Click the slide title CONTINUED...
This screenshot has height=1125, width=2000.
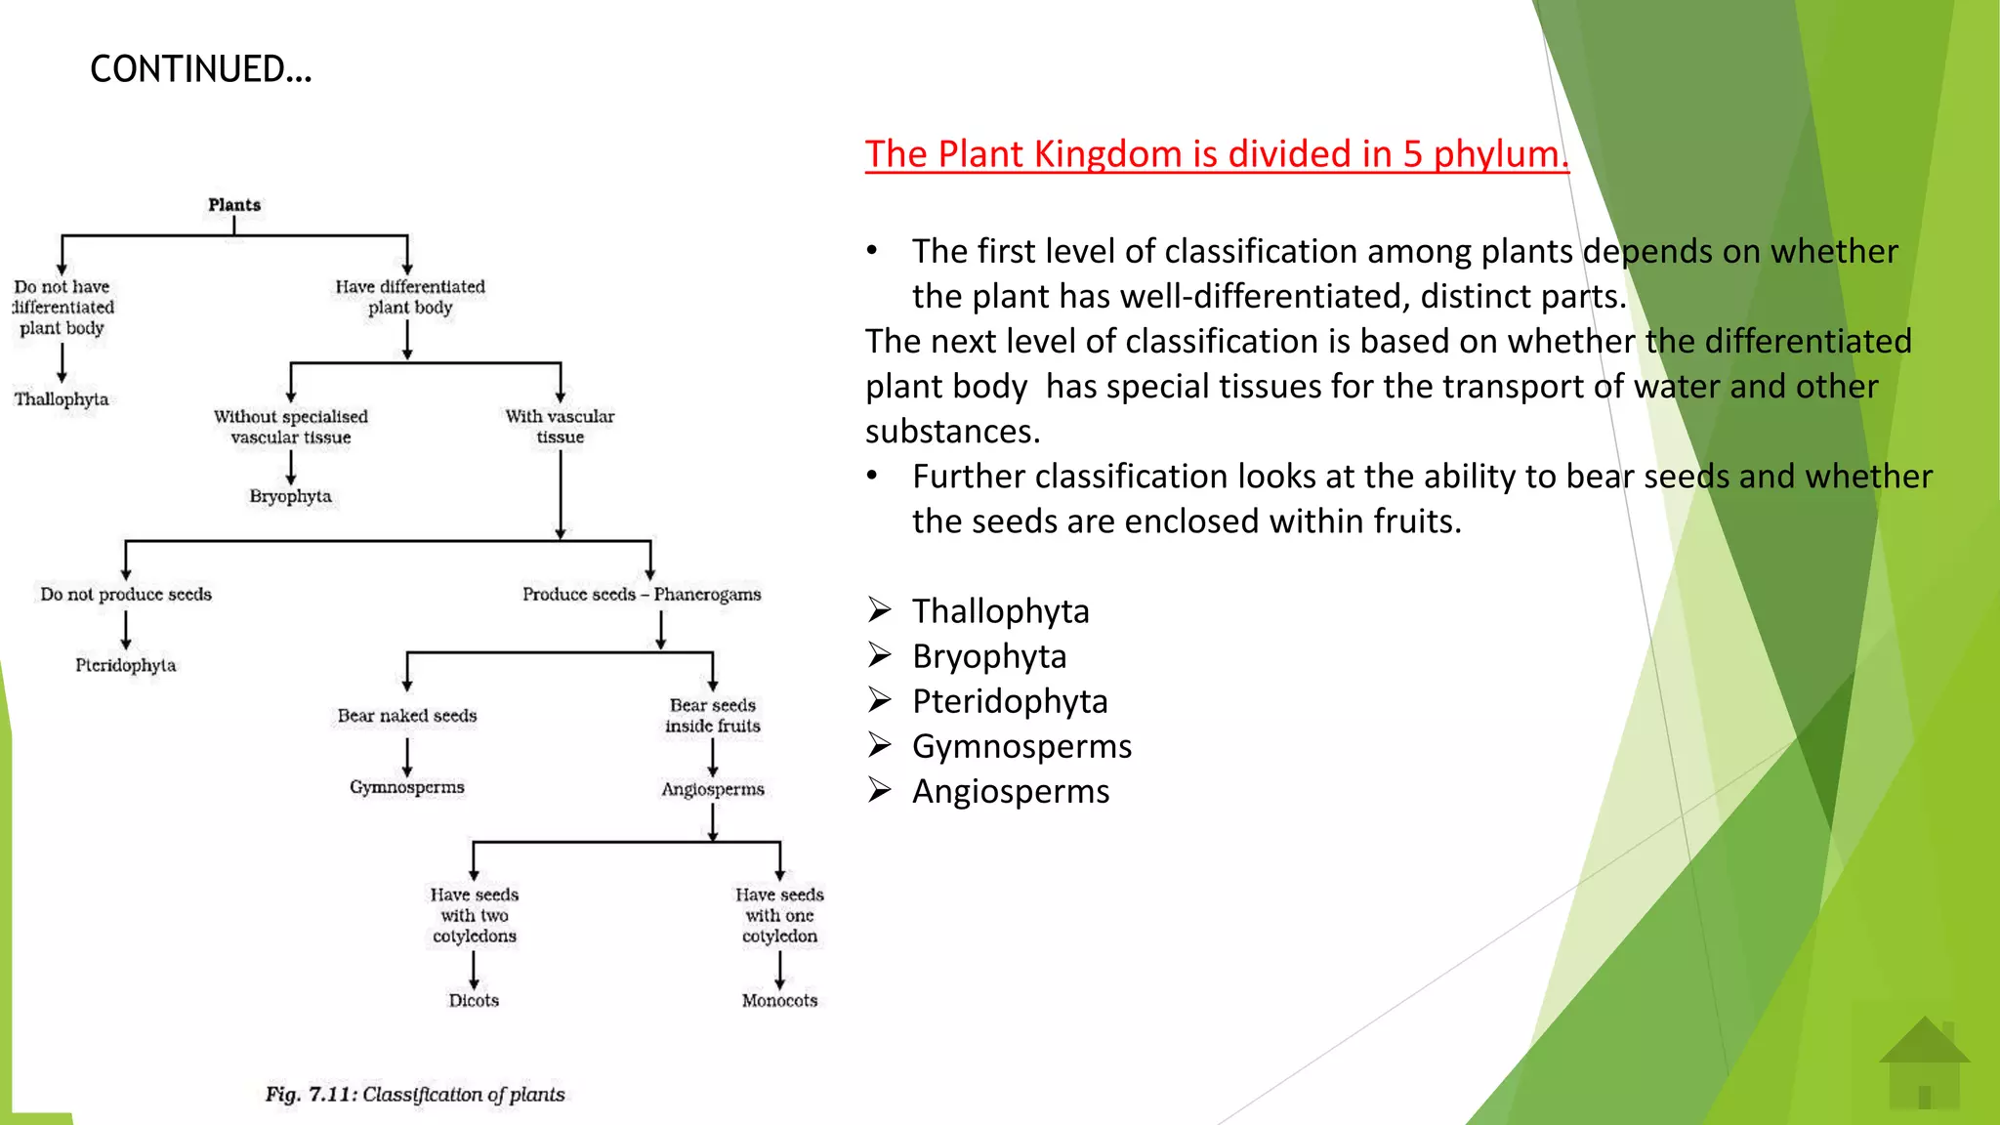200,69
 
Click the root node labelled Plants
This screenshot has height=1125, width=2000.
234,205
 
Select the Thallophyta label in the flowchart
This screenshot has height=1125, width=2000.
62,399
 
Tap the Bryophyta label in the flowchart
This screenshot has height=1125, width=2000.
290,496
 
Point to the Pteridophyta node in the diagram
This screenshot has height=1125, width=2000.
126,665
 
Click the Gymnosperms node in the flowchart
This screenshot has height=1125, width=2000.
407,787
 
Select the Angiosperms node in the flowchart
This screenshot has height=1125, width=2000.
713,789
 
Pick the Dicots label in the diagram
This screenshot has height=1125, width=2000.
474,1001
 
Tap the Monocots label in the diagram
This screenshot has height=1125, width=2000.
779,1001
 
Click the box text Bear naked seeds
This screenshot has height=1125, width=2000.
407,716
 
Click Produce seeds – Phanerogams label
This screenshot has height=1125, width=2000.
642,595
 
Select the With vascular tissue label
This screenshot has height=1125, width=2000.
560,427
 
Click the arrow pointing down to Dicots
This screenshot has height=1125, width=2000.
474,970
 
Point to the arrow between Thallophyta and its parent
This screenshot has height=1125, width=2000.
62,363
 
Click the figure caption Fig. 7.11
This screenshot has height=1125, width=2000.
415,1095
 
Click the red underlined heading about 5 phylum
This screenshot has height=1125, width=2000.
1216,154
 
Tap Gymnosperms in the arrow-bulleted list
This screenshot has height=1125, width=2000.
1021,746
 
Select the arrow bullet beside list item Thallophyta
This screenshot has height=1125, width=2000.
880,610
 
